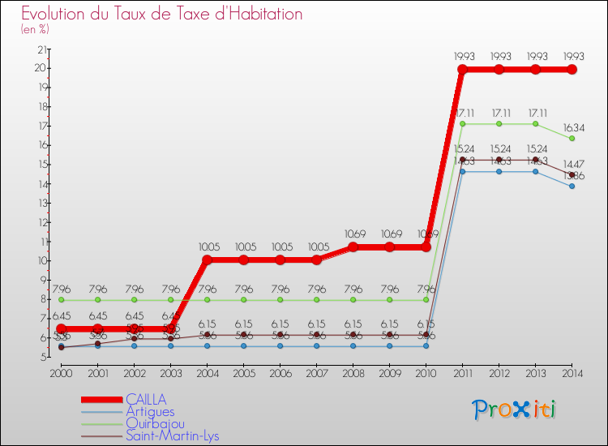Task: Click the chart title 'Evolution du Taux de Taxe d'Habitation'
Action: (162, 15)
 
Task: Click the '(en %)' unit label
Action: (35, 29)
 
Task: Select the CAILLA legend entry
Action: (146, 399)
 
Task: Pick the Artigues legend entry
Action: (150, 411)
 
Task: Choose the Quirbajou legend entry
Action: (154, 423)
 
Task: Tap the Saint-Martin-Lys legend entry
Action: (172, 436)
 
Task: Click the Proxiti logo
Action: (515, 410)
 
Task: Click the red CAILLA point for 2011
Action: (462, 70)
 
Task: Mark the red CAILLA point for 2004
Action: (207, 260)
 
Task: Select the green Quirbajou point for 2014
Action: (572, 139)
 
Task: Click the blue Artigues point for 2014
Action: (572, 186)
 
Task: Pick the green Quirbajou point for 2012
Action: (499, 124)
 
